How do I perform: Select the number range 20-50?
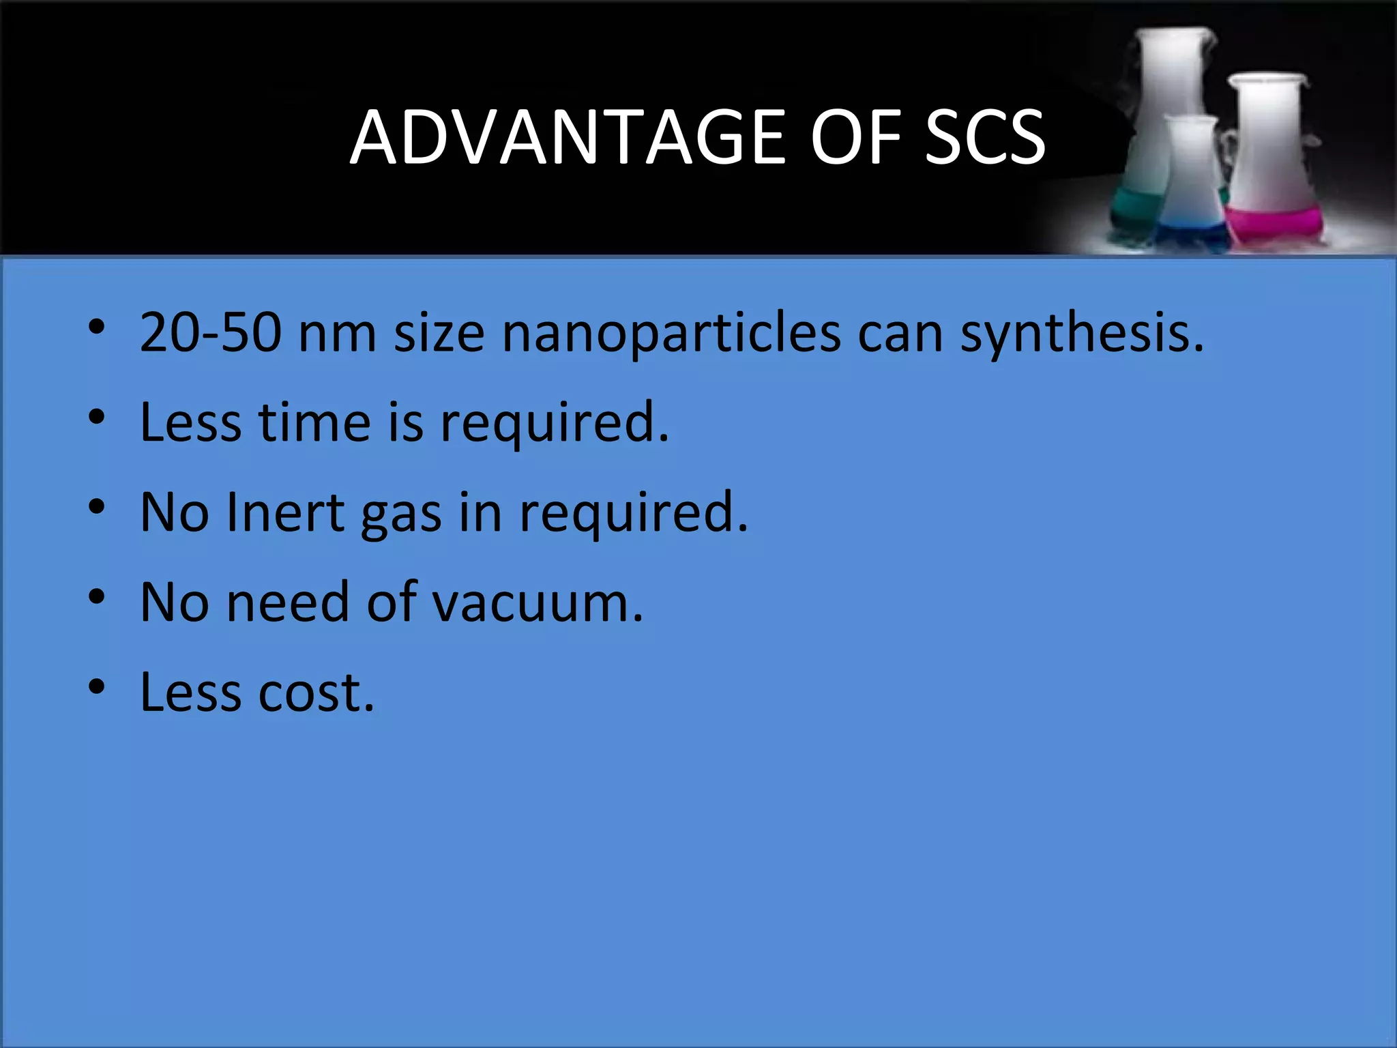coord(210,332)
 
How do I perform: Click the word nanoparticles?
coord(671,334)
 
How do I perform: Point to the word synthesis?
coord(1081,334)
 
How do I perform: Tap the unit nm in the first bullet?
coord(337,334)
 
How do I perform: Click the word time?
coord(314,422)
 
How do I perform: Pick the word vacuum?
coord(538,603)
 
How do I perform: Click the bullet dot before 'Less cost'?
coord(96,686)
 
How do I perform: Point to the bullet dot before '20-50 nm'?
coord(96,326)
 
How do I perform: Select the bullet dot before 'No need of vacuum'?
coord(96,596)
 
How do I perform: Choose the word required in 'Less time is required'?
coord(554,424)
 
